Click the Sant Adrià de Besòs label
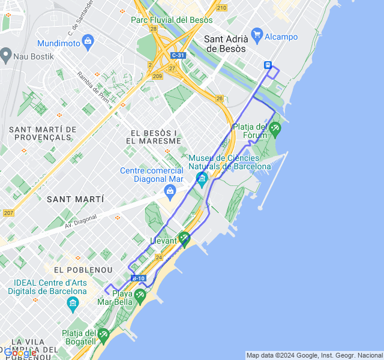226,44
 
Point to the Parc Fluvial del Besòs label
172,20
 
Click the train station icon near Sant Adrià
268,65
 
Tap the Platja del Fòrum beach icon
275,127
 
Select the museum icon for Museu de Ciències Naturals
202,178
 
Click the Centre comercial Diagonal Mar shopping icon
170,190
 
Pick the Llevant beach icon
184,238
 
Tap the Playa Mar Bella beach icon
140,295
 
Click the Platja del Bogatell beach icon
103,334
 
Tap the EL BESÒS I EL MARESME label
154,137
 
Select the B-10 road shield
138,278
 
